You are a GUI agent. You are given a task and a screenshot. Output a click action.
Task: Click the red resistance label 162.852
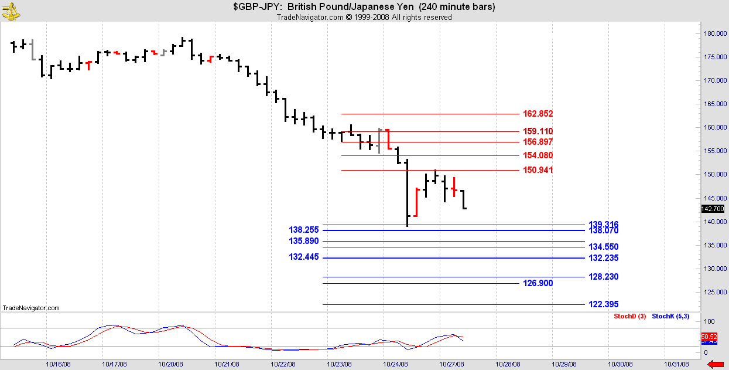click(538, 114)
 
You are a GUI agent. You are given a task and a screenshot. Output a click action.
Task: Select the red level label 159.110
click(538, 131)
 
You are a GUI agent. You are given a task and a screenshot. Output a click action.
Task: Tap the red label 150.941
click(538, 170)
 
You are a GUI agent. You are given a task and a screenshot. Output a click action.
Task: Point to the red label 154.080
click(538, 155)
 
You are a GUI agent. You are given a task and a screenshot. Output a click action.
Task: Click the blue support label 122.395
click(604, 304)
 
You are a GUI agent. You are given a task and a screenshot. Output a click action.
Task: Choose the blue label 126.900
click(538, 283)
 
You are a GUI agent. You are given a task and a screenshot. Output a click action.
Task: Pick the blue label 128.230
click(604, 277)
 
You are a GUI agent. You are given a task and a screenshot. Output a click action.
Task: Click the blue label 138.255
click(303, 230)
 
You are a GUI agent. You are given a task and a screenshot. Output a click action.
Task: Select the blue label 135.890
click(303, 241)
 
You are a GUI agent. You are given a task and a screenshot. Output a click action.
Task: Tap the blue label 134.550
click(604, 247)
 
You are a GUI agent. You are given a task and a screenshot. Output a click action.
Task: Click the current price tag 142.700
click(713, 209)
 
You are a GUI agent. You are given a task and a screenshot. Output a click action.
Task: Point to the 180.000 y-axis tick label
click(714, 33)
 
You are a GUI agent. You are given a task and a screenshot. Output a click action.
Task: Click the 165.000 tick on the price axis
click(714, 104)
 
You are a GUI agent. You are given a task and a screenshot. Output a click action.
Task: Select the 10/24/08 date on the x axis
click(396, 364)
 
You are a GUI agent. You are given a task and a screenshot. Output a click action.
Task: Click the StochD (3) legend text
click(629, 317)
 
